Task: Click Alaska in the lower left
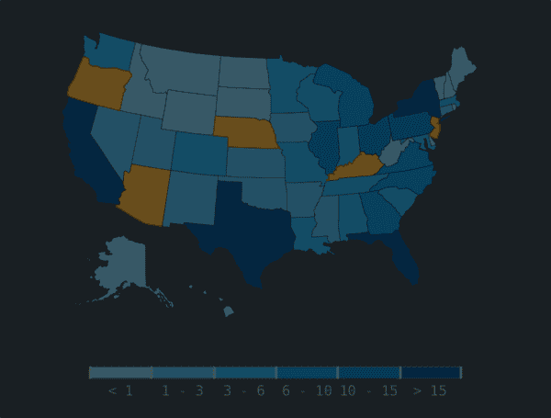(122, 266)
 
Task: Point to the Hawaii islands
(227, 310)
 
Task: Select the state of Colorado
(197, 153)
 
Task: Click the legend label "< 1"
(120, 391)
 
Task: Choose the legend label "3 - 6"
(243, 391)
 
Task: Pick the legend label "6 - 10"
(307, 391)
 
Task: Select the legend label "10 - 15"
(368, 391)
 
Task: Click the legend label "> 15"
(430, 391)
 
